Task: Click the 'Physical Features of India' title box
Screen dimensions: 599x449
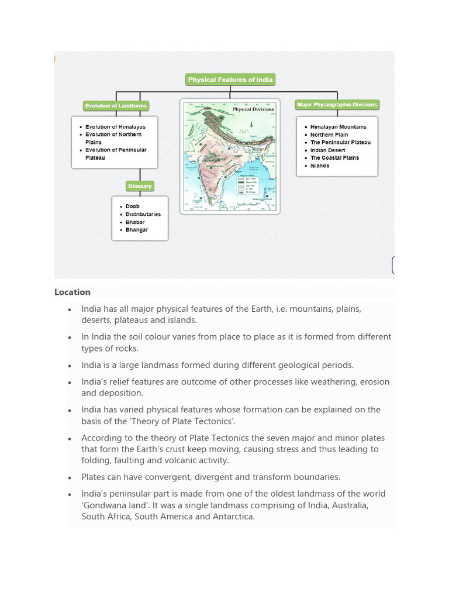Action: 230,80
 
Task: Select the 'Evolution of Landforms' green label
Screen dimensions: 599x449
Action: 116,106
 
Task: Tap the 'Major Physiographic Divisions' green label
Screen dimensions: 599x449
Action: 337,105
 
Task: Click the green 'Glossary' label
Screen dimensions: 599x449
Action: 139,186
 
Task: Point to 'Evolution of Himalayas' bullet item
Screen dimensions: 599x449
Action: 115,127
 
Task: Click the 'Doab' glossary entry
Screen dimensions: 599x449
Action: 132,206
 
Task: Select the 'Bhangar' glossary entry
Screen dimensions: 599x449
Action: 136,230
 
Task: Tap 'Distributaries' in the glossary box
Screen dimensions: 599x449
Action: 143,214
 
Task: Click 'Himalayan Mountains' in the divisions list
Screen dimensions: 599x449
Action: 338,127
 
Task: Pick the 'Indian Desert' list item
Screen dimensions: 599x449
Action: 327,150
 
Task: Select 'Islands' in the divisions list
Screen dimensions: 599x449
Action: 319,166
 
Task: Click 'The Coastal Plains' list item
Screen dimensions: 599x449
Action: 334,158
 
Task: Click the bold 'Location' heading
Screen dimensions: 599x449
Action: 72,292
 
